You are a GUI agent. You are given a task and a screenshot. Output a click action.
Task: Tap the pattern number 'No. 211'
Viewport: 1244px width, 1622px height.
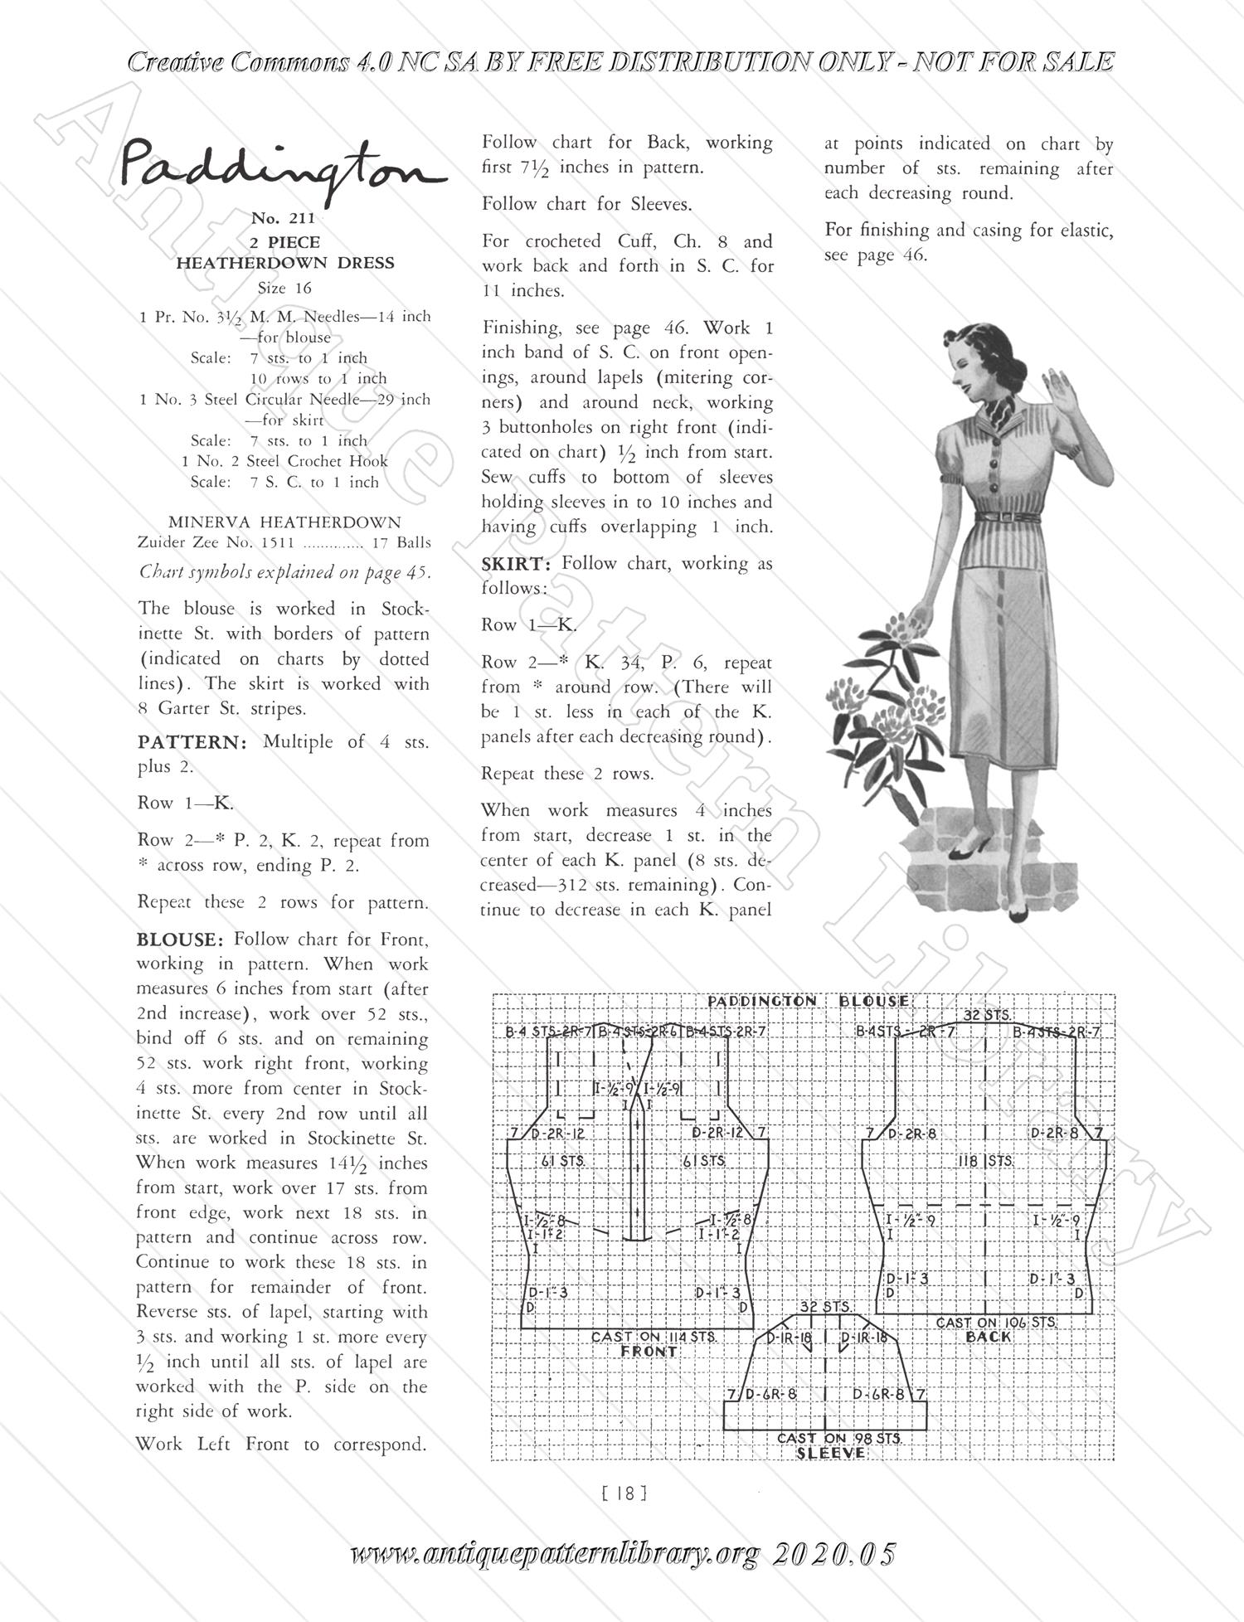coord(284,219)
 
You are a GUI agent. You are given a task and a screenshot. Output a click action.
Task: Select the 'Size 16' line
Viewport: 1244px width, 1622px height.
coord(284,289)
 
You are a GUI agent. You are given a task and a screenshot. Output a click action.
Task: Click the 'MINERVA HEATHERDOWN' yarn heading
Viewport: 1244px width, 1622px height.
coord(284,522)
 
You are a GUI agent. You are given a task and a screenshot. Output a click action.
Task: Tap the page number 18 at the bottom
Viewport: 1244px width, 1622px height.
coord(623,1493)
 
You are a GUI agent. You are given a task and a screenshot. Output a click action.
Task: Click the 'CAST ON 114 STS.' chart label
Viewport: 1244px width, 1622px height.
coord(654,1337)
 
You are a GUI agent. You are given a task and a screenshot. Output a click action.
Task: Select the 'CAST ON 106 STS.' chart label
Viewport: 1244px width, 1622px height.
coord(996,1322)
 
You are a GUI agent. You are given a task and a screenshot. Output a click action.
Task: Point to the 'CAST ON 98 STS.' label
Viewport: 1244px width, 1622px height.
coord(838,1438)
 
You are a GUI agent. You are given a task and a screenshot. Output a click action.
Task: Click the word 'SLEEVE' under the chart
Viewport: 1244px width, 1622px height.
coord(831,1453)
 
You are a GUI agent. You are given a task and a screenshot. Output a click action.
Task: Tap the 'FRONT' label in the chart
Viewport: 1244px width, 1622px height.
coord(649,1352)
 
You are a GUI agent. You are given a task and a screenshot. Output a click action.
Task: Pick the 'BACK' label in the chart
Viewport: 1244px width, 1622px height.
coord(989,1337)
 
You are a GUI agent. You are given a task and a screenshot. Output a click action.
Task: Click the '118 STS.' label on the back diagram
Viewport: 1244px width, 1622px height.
coord(985,1161)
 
